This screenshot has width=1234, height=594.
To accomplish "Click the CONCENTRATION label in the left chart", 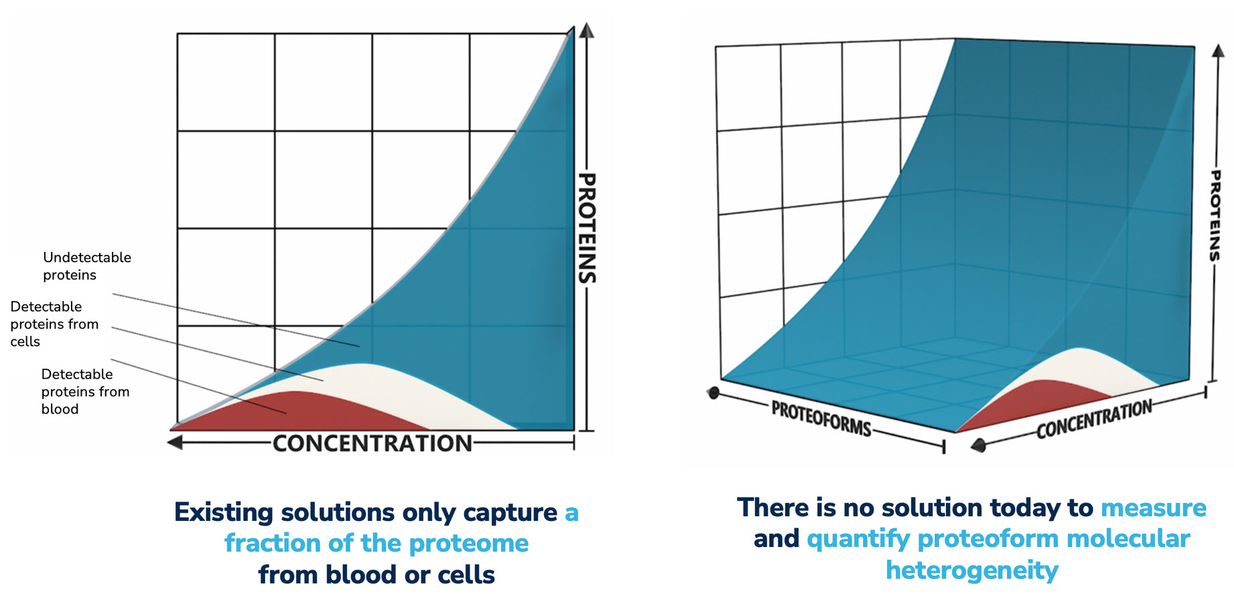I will coord(372,443).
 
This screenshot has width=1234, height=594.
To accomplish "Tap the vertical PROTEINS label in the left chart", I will coord(586,228).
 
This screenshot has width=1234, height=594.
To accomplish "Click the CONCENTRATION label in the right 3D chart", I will coord(1094,419).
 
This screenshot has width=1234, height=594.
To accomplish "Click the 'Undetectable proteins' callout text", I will coord(86,266).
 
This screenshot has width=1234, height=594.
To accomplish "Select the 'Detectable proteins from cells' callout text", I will coord(54,324).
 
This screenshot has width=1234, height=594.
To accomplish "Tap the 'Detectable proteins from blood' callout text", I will coord(84,392).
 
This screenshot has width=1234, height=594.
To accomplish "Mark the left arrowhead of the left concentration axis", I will coord(175,442).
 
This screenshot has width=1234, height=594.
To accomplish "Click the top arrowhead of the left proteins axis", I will coord(587,31).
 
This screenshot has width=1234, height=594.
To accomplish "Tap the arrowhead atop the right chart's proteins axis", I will coord(1219,52).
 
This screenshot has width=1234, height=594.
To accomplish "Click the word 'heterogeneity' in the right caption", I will coord(971,571).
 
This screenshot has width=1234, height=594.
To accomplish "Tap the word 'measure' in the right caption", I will coord(1153,508).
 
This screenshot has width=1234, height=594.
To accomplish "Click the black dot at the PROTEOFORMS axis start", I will coord(713,392).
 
